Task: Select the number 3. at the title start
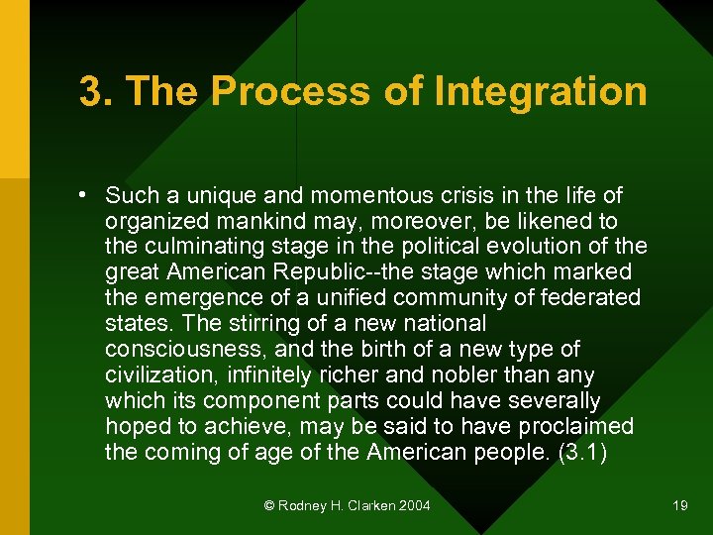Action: point(97,92)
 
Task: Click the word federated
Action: point(588,297)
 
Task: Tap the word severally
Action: point(552,400)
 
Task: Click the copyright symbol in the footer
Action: point(269,506)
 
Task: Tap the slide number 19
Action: point(679,506)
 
